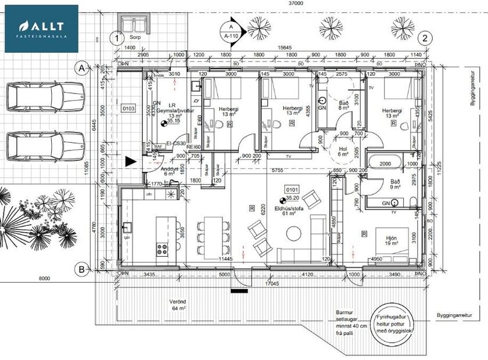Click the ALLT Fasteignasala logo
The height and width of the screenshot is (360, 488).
[x=41, y=28]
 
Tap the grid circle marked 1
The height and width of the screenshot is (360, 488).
[x=118, y=38]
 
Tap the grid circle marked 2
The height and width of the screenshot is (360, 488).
[x=427, y=38]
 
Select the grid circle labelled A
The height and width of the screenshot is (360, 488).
[x=82, y=69]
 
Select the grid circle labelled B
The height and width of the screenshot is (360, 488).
[x=82, y=269]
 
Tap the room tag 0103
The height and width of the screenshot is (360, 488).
[x=128, y=109]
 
